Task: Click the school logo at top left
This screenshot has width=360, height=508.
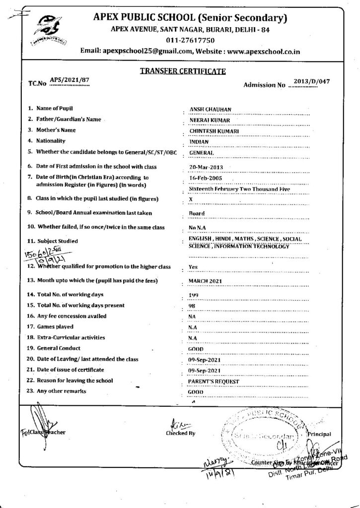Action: click(47, 30)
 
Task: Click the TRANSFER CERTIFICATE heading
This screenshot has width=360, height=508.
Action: click(183, 71)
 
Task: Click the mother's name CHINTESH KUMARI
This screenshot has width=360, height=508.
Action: click(215, 130)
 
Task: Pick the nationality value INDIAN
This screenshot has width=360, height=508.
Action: click(199, 141)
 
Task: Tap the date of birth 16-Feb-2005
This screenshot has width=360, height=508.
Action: click(206, 178)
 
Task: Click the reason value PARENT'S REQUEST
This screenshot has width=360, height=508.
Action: click(214, 381)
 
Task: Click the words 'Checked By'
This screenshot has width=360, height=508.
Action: click(181, 433)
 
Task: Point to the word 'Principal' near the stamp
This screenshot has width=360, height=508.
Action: click(319, 435)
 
